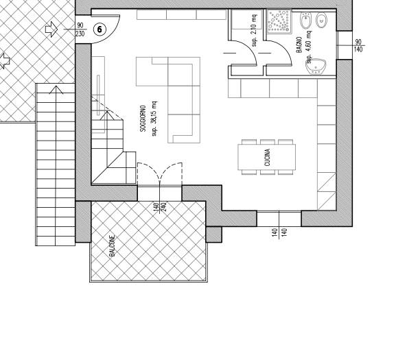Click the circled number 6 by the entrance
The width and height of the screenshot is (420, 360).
(100, 29)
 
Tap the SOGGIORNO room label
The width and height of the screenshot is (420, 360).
(143, 119)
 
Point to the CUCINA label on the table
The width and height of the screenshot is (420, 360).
(267, 158)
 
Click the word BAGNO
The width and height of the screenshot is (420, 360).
(299, 45)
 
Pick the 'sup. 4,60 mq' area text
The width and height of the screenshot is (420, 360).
(309, 47)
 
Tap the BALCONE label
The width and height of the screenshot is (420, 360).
(113, 246)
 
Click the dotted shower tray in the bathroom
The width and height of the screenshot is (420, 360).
(279, 21)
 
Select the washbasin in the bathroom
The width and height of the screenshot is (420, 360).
(316, 67)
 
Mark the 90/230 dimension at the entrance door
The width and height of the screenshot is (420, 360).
(80, 29)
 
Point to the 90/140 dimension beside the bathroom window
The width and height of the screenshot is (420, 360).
(358, 45)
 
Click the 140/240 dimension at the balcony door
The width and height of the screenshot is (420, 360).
(160, 207)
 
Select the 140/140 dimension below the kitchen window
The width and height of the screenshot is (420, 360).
(279, 233)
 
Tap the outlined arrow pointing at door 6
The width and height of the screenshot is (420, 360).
(51, 29)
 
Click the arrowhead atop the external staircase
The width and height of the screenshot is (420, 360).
(56, 89)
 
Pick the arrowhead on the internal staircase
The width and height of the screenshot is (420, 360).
(107, 115)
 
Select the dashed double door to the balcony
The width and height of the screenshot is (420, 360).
(160, 173)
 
